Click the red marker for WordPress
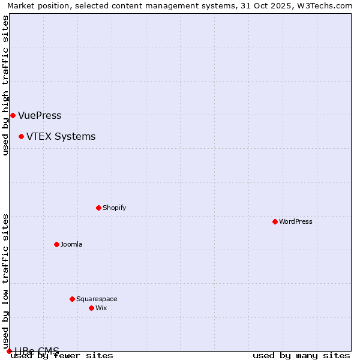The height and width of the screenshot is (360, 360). [275, 221]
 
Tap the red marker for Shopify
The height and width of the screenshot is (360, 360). [98, 208]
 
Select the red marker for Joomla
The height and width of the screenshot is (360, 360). [56, 244]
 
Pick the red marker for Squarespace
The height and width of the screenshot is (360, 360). [72, 299]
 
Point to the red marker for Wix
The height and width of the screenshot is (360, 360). [91, 308]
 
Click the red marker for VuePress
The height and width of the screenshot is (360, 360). [13, 115]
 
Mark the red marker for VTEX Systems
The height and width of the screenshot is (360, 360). [21, 136]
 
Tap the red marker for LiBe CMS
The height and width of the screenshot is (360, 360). [9, 351]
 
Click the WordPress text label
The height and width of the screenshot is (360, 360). [296, 221]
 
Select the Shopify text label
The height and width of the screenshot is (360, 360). [114, 208]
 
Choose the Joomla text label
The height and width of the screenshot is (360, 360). [71, 244]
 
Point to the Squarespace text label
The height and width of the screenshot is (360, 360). [97, 299]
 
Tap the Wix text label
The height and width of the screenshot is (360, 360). [101, 308]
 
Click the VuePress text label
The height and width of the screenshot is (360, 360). [40, 115]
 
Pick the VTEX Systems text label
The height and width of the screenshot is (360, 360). [61, 136]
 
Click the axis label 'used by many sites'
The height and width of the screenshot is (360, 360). [301, 355]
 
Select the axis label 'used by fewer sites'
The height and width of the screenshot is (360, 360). [62, 355]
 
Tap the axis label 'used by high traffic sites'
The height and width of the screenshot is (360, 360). [6, 85]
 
